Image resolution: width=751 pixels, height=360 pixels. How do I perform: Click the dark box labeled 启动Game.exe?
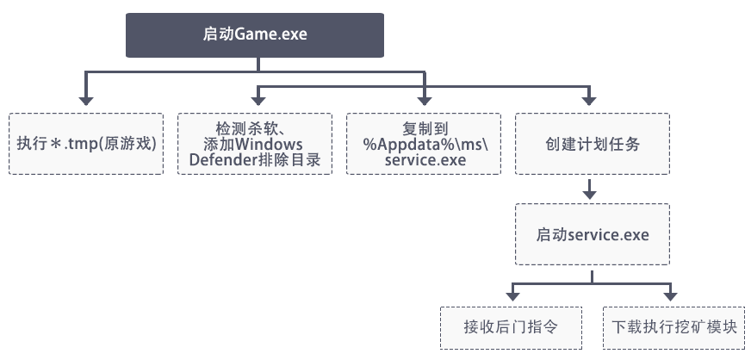coord(254,35)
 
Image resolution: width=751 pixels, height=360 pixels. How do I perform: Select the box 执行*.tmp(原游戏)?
coord(86,143)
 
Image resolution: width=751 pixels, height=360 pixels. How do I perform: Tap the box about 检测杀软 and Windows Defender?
coord(255,143)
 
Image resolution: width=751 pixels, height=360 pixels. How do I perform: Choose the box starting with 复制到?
coord(424,143)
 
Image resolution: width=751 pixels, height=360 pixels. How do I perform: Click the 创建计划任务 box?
coord(593,143)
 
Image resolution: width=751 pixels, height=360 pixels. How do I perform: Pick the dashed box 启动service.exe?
coord(593,233)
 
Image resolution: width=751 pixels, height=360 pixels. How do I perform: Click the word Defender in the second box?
coord(222,159)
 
